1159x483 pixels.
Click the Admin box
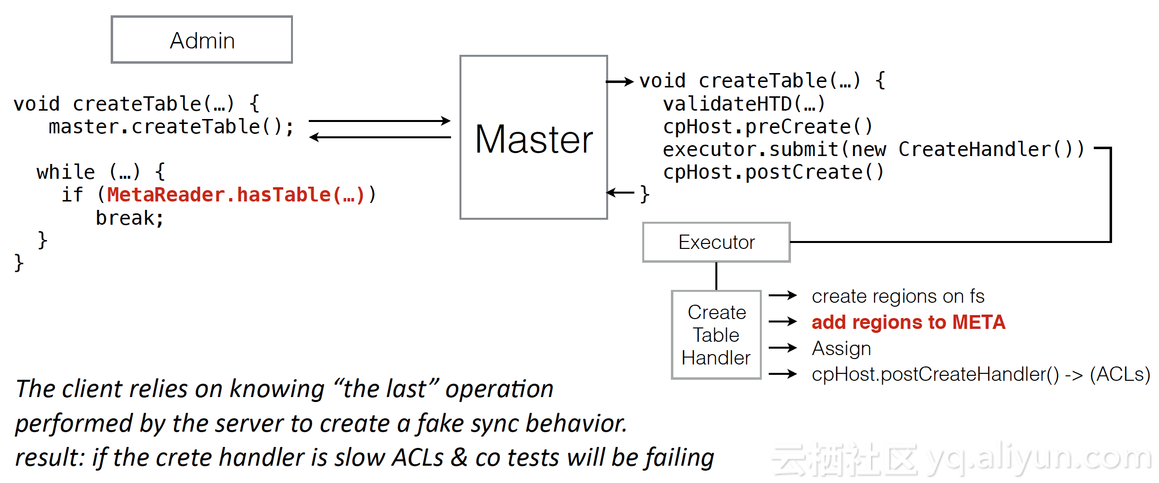(x=202, y=40)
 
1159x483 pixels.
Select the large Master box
(x=534, y=137)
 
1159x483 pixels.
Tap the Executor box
(x=716, y=242)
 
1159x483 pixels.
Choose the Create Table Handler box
(x=716, y=335)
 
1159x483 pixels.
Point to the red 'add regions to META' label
(x=909, y=322)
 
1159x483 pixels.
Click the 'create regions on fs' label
(x=898, y=296)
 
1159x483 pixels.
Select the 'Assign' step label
(x=841, y=349)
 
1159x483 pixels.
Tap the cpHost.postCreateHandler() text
(x=935, y=374)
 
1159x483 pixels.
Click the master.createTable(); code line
(x=171, y=127)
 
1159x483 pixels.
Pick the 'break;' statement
(x=129, y=218)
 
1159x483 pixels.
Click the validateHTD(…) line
(x=744, y=104)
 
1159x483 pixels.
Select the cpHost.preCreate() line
(x=768, y=127)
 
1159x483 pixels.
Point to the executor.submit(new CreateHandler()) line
(x=873, y=150)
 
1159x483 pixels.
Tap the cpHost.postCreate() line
(x=773, y=172)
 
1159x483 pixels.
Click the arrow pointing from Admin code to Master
(x=379, y=121)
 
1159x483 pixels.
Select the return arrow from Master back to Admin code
(x=379, y=137)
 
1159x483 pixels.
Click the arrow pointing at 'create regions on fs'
(x=783, y=296)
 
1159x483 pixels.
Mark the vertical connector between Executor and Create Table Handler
(x=716, y=276)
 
